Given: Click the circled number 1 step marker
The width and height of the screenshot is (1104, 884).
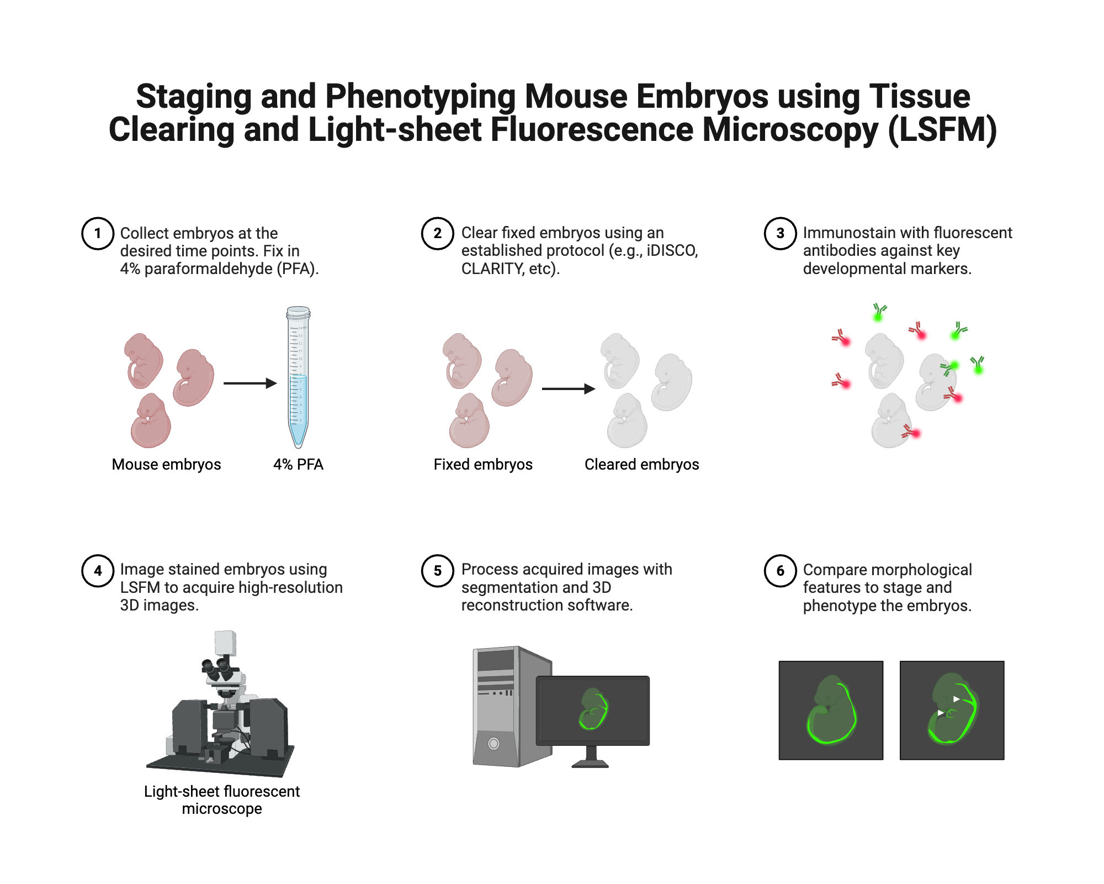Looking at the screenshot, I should [x=98, y=233].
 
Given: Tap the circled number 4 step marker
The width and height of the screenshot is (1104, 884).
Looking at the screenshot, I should [x=98, y=570].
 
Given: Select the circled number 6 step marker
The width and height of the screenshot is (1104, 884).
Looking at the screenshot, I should [x=780, y=570].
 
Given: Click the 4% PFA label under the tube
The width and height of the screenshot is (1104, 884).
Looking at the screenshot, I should [x=298, y=464].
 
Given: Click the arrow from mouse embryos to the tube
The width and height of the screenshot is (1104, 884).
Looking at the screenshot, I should [x=250, y=383].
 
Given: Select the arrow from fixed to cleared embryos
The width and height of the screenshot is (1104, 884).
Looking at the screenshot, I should [x=568, y=389].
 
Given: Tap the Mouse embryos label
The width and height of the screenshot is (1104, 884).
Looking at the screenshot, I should [x=166, y=464].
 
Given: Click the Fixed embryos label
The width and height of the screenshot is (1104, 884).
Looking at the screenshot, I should [x=483, y=464].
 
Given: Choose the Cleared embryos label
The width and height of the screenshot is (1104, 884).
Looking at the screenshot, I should [x=641, y=464].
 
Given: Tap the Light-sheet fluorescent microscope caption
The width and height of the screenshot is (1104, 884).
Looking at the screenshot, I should [x=222, y=799].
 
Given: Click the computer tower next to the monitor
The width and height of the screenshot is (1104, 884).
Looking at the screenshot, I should [x=500, y=707].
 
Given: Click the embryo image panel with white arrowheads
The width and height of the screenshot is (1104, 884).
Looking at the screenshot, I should [x=952, y=710].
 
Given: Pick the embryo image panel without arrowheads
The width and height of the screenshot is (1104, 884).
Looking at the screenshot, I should [x=831, y=710].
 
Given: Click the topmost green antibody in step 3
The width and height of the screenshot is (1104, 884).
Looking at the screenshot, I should [x=879, y=312].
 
